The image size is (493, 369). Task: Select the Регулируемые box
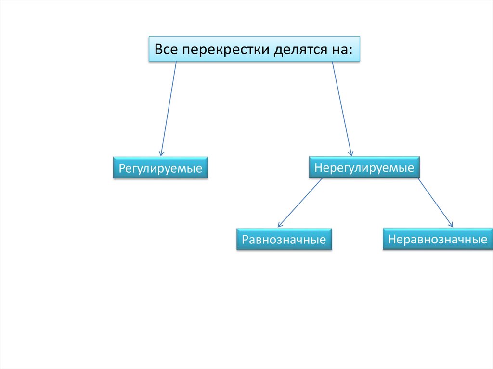coord(160,168)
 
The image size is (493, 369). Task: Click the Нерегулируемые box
coord(364,167)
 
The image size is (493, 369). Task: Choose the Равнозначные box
coord(284,239)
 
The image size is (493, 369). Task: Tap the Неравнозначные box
coord(437,239)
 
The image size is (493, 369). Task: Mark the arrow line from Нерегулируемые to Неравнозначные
coord(435,202)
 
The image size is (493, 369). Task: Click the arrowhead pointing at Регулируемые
coord(161,152)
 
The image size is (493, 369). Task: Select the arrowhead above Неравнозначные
coord(451,224)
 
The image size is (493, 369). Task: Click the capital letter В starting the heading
coord(158,50)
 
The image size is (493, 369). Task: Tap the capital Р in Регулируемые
coord(122,168)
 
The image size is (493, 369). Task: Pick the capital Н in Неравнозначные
coord(392,239)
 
